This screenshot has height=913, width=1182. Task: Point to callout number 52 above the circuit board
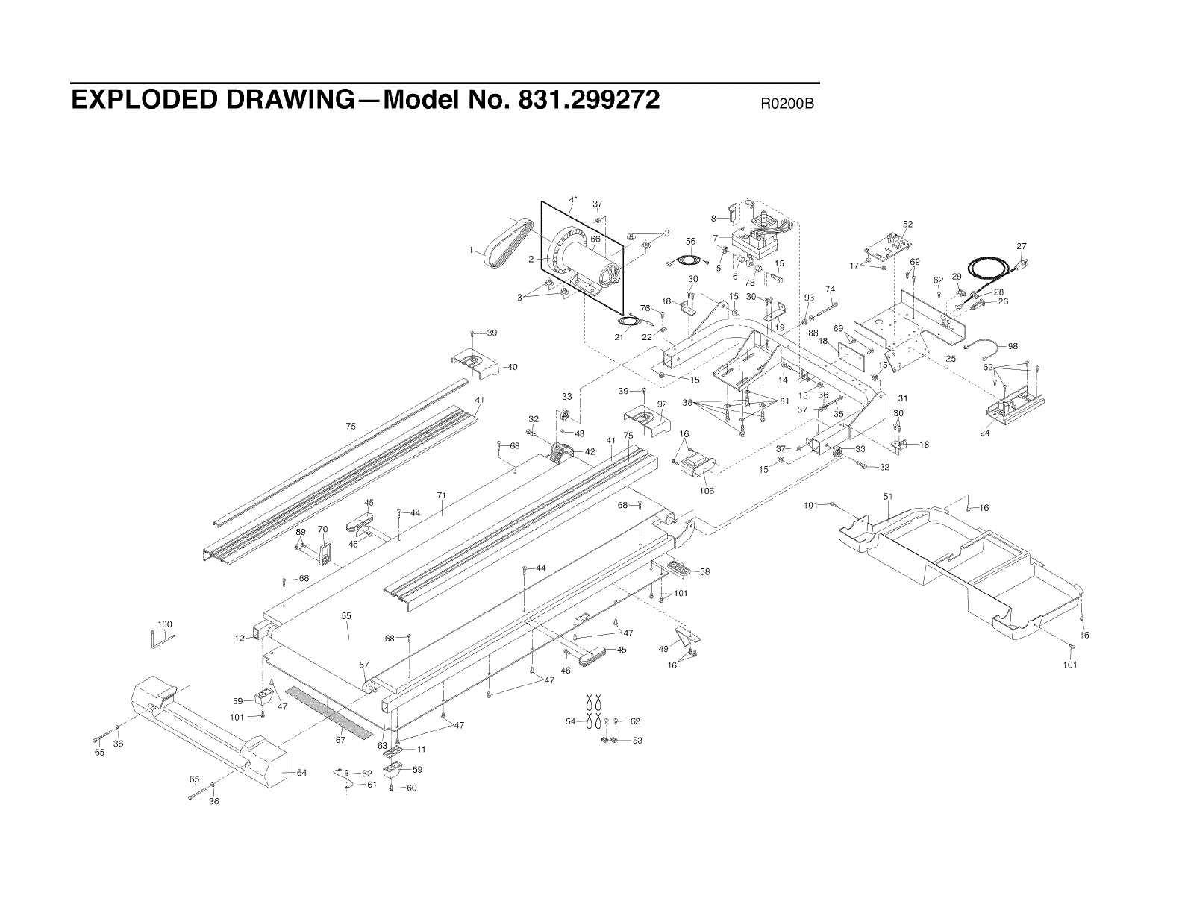[907, 224]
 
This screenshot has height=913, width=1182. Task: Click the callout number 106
[706, 491]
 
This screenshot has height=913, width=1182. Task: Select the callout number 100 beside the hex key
[164, 624]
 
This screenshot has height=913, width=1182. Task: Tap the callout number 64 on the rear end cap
[301, 773]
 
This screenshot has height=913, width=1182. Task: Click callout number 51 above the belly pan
[888, 496]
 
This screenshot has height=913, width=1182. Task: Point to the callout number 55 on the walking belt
[346, 616]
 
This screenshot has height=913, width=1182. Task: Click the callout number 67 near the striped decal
[340, 740]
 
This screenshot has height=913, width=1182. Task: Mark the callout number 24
[984, 433]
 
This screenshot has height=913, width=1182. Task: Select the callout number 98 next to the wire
[1012, 346]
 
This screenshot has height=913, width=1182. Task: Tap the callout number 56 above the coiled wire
[690, 241]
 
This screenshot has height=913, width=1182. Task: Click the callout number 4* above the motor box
[573, 200]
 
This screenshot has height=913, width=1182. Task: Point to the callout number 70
[323, 529]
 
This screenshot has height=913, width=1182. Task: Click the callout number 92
[661, 404]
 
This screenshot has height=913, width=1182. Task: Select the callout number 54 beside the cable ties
[571, 721]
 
